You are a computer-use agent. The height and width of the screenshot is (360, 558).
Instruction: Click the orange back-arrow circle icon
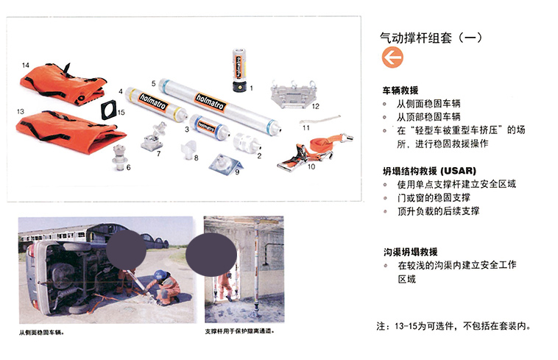pyautogui.click(x=392, y=57)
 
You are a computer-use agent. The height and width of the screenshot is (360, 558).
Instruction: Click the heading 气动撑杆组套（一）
pyautogui.click(x=431, y=38)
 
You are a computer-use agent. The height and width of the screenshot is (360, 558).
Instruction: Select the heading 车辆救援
pyautogui.click(x=400, y=91)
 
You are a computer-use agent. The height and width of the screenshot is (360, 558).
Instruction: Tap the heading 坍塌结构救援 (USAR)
pyautogui.click(x=429, y=171)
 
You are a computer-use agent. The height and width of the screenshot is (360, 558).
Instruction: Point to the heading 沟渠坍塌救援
pyautogui.click(x=411, y=252)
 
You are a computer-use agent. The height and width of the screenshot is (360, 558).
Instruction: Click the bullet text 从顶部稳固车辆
pyautogui.click(x=429, y=116)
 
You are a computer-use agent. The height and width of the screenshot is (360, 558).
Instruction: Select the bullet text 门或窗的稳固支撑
pyautogui.click(x=434, y=198)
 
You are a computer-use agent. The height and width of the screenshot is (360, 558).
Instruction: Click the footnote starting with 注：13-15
pyautogui.click(x=453, y=326)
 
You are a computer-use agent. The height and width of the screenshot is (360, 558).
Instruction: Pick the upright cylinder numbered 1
pyautogui.click(x=239, y=70)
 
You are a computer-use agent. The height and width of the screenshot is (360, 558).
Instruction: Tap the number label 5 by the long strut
pyautogui.click(x=153, y=84)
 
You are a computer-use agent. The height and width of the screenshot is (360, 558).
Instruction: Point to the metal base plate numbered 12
pyautogui.click(x=293, y=95)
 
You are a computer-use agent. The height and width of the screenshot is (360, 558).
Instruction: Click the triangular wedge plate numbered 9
pyautogui.click(x=226, y=164)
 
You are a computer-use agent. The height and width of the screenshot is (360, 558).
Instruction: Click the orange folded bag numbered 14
pyautogui.click(x=63, y=84)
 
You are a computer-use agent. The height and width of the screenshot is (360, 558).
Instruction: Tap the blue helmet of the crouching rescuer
pyautogui.click(x=160, y=275)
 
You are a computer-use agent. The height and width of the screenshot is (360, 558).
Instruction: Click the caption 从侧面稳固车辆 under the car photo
pyautogui.click(x=42, y=333)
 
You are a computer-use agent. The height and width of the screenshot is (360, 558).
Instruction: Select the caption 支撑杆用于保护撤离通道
pyautogui.click(x=240, y=331)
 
